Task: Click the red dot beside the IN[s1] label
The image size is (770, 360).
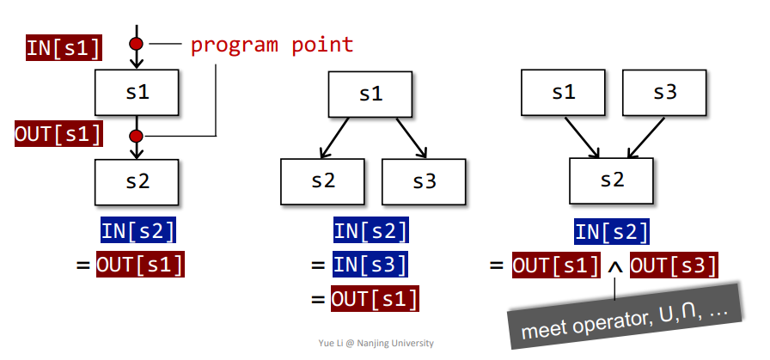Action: click(136, 44)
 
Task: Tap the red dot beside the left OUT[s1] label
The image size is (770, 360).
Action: click(136, 136)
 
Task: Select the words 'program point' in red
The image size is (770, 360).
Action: click(272, 45)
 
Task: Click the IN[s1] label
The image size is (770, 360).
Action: click(64, 48)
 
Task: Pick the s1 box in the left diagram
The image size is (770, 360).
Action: click(137, 92)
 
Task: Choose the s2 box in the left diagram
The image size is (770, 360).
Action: click(137, 182)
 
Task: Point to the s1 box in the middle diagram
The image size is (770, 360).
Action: click(370, 95)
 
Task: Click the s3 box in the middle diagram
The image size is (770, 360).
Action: click(424, 182)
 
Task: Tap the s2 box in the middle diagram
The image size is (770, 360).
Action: click(322, 182)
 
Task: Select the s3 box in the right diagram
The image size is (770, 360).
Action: click(664, 92)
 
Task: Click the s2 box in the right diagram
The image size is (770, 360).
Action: click(611, 180)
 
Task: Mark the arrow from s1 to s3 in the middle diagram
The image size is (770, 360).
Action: click(412, 138)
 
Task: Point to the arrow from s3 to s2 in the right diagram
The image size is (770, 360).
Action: click(645, 137)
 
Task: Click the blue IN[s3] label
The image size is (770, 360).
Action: click(370, 265)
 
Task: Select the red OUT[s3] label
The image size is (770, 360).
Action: click(674, 265)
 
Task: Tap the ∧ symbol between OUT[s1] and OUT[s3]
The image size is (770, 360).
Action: click(614, 268)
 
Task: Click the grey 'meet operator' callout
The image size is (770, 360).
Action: click(625, 315)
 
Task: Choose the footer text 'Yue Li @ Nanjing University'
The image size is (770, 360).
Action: click(376, 343)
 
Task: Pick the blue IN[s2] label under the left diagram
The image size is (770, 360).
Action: click(138, 231)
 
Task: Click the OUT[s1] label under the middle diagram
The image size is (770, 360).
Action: click(375, 299)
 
